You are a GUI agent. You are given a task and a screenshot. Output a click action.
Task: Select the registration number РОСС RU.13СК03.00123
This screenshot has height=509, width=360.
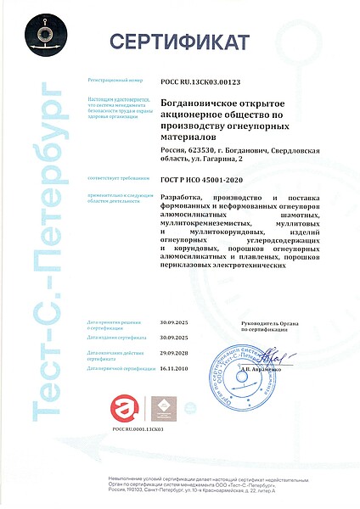click(200, 81)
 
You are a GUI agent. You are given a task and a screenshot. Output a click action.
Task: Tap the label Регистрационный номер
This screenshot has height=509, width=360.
click(116, 81)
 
